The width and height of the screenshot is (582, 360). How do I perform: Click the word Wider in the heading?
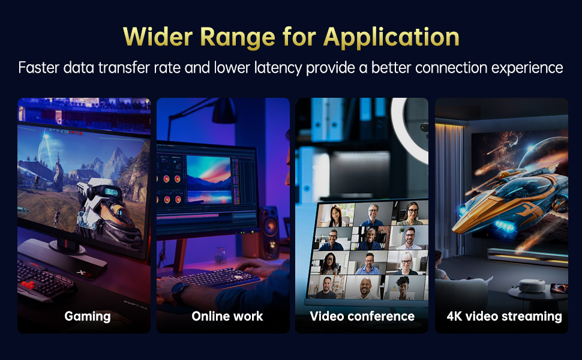[x=157, y=37]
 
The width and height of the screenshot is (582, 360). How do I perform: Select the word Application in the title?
[x=391, y=37]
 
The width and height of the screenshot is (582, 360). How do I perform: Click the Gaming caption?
[x=88, y=316]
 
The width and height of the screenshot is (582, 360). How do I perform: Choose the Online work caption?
[x=227, y=316]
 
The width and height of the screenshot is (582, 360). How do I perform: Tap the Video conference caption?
[x=362, y=316]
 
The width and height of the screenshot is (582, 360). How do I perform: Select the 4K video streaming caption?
[x=504, y=316]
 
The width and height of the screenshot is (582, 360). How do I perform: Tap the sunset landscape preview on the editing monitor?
[x=208, y=178]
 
